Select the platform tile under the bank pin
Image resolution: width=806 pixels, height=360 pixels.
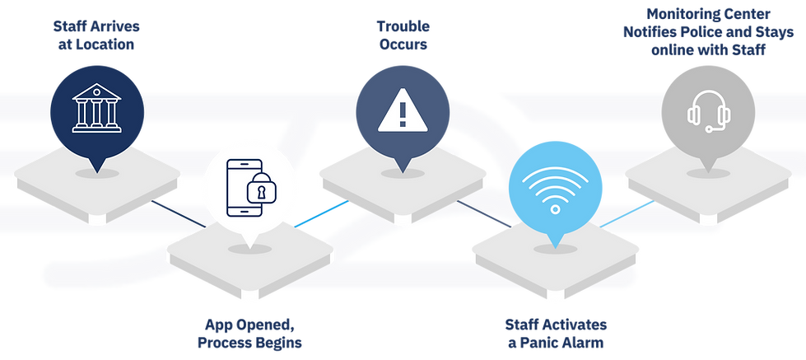click(97, 185)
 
